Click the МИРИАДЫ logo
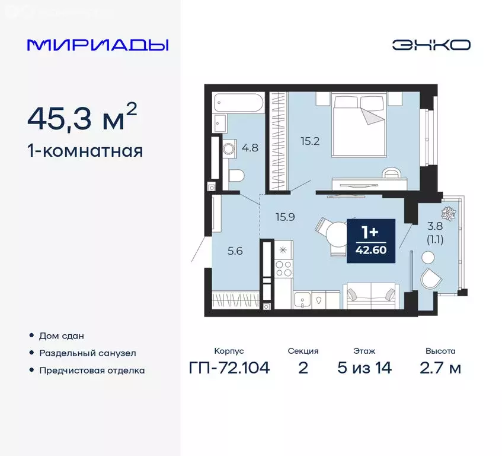98,45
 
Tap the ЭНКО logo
431,45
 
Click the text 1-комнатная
85,151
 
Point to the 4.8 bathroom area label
250,148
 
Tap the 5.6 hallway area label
235,251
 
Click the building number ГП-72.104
229,368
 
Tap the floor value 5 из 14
364,368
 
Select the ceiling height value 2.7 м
440,368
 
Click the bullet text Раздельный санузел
87,353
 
